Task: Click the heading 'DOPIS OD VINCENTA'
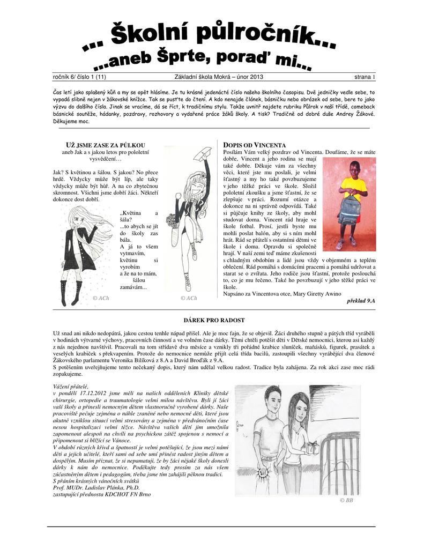click(254, 145)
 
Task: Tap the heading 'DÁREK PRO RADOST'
click(214, 320)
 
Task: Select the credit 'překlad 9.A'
click(361, 301)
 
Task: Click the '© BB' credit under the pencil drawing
click(346, 500)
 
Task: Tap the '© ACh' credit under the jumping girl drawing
click(189, 298)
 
